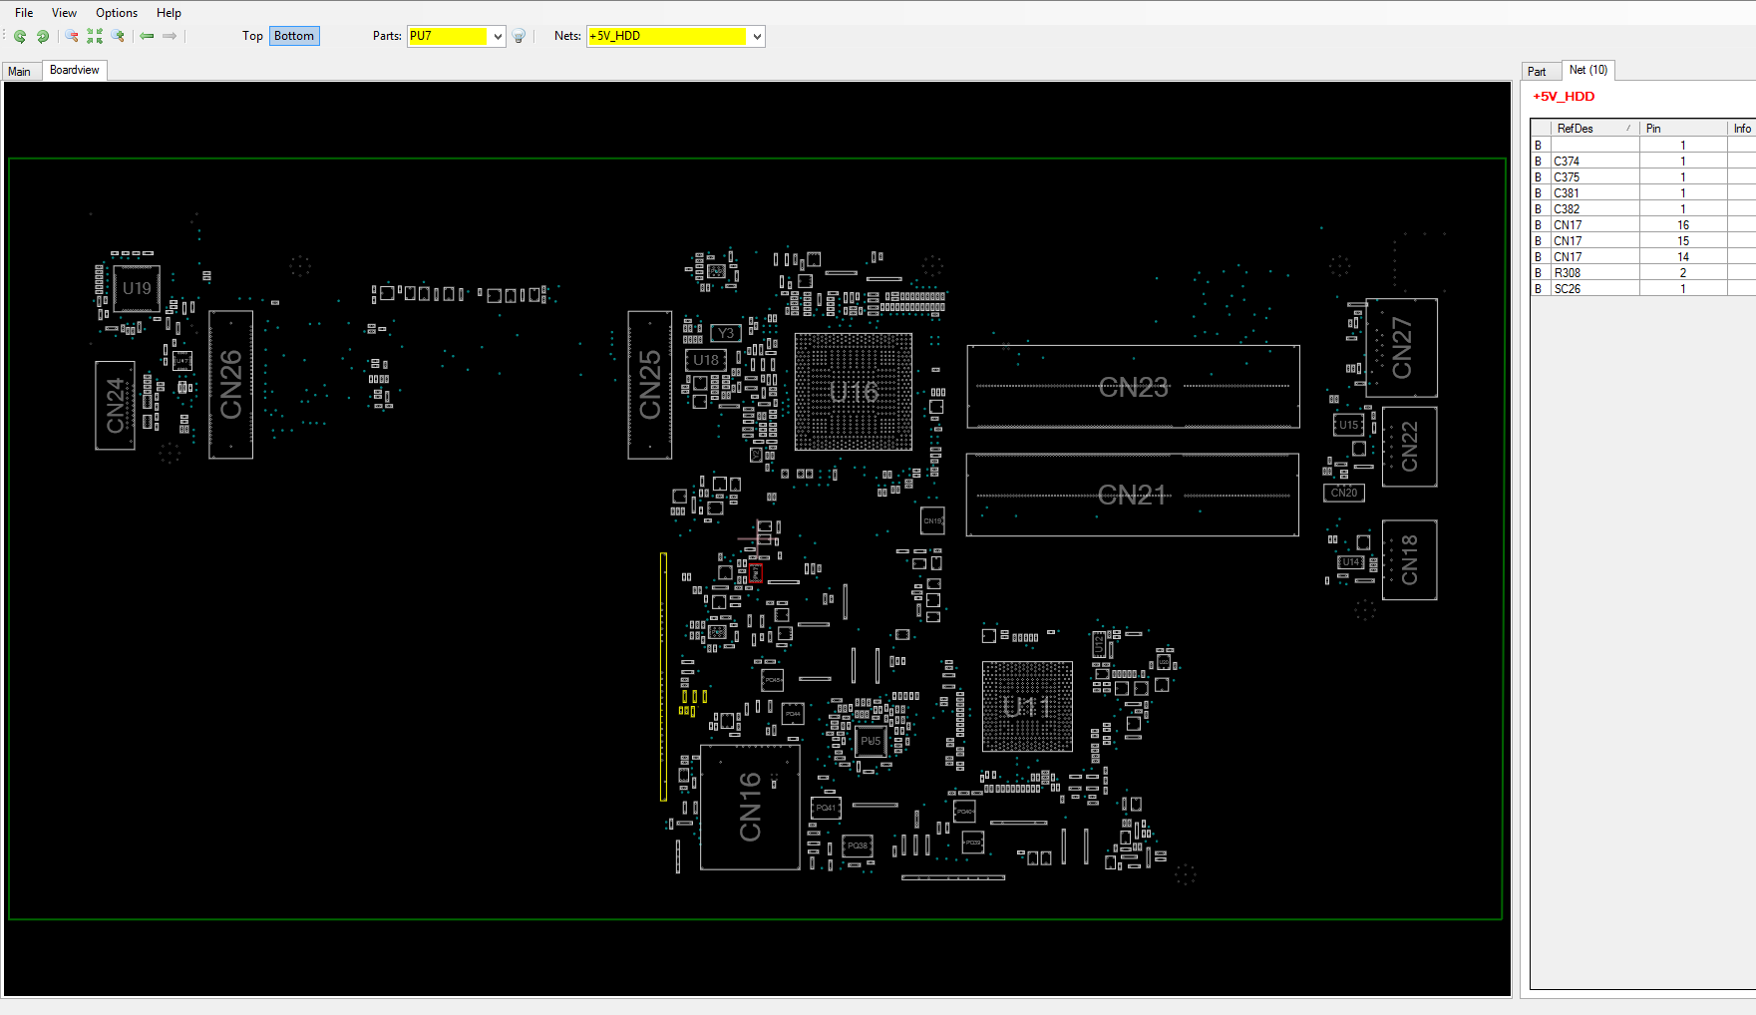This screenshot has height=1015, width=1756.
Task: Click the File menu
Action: (x=24, y=13)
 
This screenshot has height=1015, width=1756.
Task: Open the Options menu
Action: (x=117, y=13)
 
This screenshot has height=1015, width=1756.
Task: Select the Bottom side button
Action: (x=294, y=36)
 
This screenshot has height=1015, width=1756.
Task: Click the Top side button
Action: (x=252, y=36)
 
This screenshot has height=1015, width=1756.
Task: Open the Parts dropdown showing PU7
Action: (x=498, y=37)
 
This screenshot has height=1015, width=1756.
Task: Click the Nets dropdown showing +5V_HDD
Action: (x=757, y=37)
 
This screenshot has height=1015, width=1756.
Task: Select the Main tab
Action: (x=20, y=71)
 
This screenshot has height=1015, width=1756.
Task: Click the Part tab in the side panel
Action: (x=1537, y=71)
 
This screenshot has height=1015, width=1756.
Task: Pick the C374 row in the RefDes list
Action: (x=1567, y=162)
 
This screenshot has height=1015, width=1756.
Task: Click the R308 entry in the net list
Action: (x=1567, y=273)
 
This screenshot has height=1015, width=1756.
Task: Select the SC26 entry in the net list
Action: (x=1567, y=289)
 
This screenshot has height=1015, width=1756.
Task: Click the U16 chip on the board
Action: (x=854, y=392)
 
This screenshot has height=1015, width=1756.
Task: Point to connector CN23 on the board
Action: (x=1133, y=387)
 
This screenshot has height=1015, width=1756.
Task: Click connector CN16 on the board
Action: (x=750, y=807)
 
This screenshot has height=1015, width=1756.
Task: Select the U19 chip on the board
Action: (x=137, y=289)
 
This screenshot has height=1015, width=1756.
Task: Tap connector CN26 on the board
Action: (x=230, y=385)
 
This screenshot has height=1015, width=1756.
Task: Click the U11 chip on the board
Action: (x=1027, y=707)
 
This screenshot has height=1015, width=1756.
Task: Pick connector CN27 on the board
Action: (x=1401, y=348)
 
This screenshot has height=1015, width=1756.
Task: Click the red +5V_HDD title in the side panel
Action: (x=1564, y=97)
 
